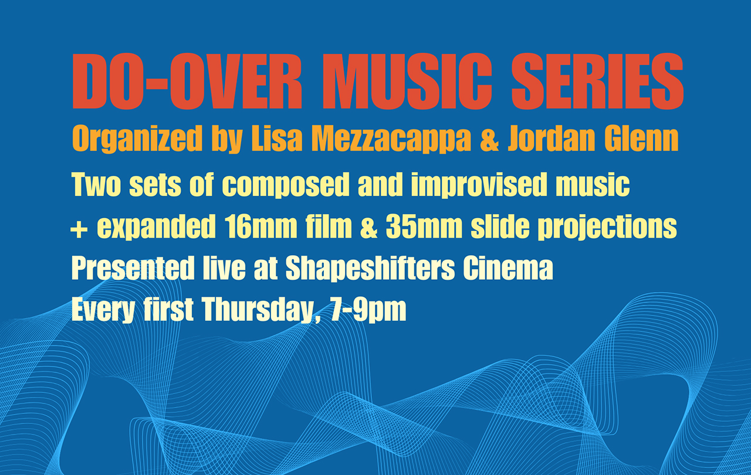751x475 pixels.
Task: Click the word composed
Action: [x=284, y=186]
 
